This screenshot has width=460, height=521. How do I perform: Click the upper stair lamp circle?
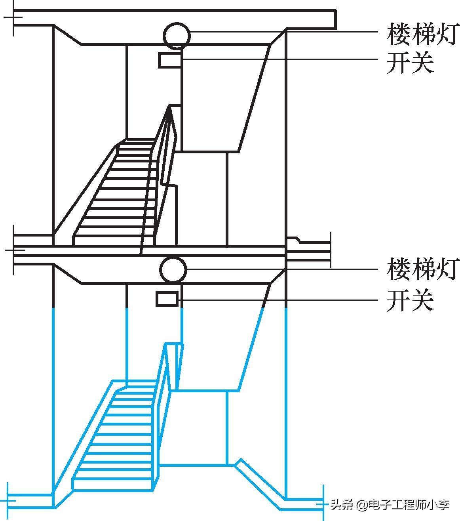point(177,36)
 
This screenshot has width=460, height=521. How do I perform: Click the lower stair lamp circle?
point(173,269)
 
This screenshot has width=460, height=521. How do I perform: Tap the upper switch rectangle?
point(170,60)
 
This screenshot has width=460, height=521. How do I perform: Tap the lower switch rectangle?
point(167,299)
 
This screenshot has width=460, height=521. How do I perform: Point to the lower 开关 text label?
point(410,300)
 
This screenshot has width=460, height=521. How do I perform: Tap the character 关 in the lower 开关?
point(422,300)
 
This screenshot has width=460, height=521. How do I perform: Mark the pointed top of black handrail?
point(170,106)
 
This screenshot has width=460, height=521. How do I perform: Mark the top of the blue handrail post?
point(174,345)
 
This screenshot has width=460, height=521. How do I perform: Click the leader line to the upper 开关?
point(277,59)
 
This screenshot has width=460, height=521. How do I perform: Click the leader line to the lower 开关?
point(277,300)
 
